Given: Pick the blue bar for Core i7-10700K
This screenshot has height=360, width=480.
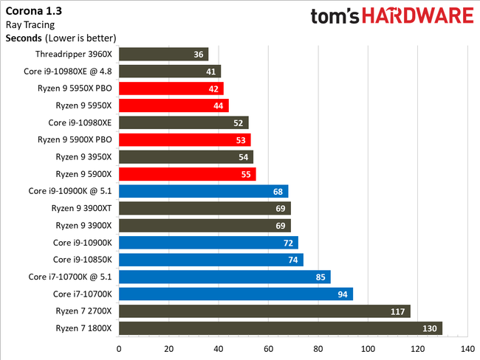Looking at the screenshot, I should [235, 294].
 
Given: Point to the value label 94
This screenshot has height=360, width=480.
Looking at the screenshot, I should [343, 294].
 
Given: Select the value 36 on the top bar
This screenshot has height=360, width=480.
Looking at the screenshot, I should [199, 54].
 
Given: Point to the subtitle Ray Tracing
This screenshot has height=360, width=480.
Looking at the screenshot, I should [29, 24].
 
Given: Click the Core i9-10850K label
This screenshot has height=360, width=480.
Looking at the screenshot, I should [82, 260].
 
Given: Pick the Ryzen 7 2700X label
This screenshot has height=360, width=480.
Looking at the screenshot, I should [83, 311].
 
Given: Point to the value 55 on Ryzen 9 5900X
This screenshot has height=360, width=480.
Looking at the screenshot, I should [246, 174].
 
